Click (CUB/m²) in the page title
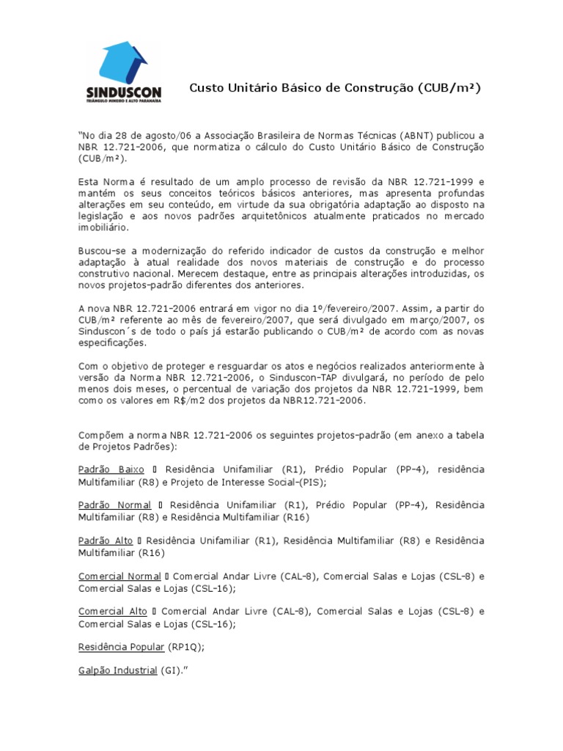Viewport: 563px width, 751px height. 450,88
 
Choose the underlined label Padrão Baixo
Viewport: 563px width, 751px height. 112,469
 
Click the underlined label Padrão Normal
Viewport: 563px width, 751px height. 115,505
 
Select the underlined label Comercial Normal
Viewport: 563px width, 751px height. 119,576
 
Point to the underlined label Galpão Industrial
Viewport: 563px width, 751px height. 118,670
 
